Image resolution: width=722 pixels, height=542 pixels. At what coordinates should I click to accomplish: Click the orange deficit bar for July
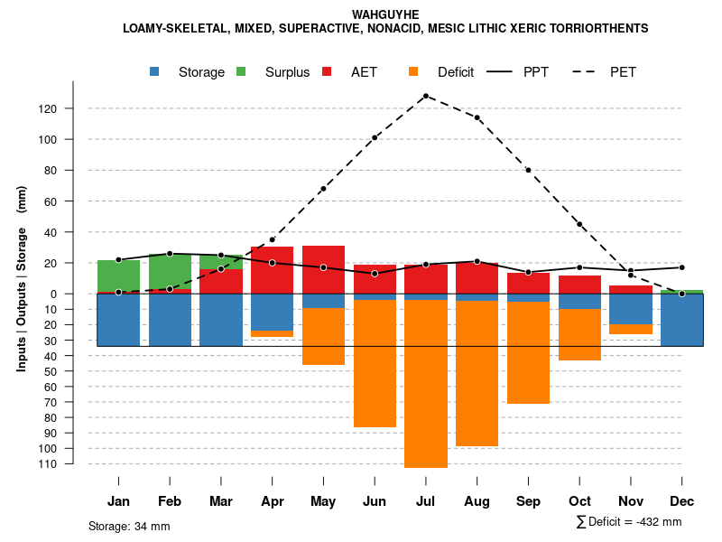(x=426, y=383)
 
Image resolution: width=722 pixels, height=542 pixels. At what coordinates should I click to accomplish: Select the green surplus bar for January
(x=118, y=276)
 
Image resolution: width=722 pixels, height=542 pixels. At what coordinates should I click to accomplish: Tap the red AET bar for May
(x=323, y=269)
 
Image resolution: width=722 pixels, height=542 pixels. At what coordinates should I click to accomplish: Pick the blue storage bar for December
(x=682, y=320)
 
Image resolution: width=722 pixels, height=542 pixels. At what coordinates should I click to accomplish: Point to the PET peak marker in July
(x=426, y=96)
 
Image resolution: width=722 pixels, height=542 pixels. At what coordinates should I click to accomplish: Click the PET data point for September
(x=529, y=170)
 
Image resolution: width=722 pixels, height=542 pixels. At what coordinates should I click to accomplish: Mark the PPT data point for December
(x=682, y=267)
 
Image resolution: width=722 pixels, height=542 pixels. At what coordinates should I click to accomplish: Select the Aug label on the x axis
(x=477, y=501)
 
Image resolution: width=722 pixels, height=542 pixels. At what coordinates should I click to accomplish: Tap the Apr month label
(x=272, y=501)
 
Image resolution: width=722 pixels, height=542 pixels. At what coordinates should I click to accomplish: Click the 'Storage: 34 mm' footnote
(x=129, y=526)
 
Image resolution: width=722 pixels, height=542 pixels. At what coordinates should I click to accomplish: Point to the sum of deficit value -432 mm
(x=629, y=522)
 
